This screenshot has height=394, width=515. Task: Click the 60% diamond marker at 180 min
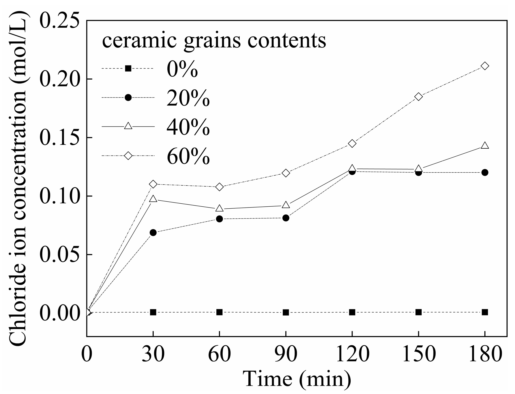485,66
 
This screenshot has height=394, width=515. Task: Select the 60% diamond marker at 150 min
418,97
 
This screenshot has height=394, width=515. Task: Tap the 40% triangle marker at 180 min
485,146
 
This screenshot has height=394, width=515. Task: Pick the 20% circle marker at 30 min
153,233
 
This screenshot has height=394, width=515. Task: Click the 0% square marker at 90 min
286,312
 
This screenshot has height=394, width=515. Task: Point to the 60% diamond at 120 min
352,143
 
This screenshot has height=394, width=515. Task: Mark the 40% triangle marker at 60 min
219,208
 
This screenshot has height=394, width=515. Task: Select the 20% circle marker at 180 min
485,172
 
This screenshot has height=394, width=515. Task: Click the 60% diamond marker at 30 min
153,184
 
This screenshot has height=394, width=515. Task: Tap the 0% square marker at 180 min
485,312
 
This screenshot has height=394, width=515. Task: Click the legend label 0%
182,69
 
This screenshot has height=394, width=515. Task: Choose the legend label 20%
188,98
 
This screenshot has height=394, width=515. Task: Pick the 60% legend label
188,156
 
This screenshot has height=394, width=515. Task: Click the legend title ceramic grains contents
214,41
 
